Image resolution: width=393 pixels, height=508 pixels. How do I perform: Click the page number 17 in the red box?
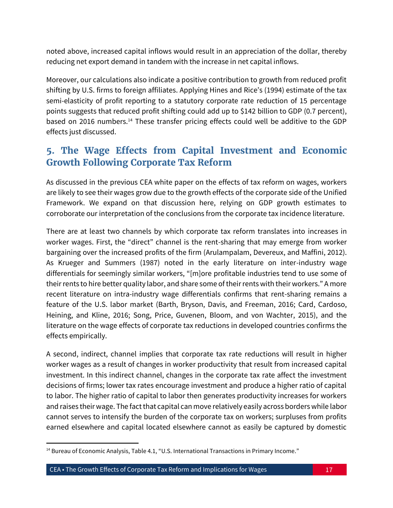pos(329,470)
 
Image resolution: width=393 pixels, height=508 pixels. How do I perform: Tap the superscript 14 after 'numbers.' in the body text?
pos(129,120)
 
